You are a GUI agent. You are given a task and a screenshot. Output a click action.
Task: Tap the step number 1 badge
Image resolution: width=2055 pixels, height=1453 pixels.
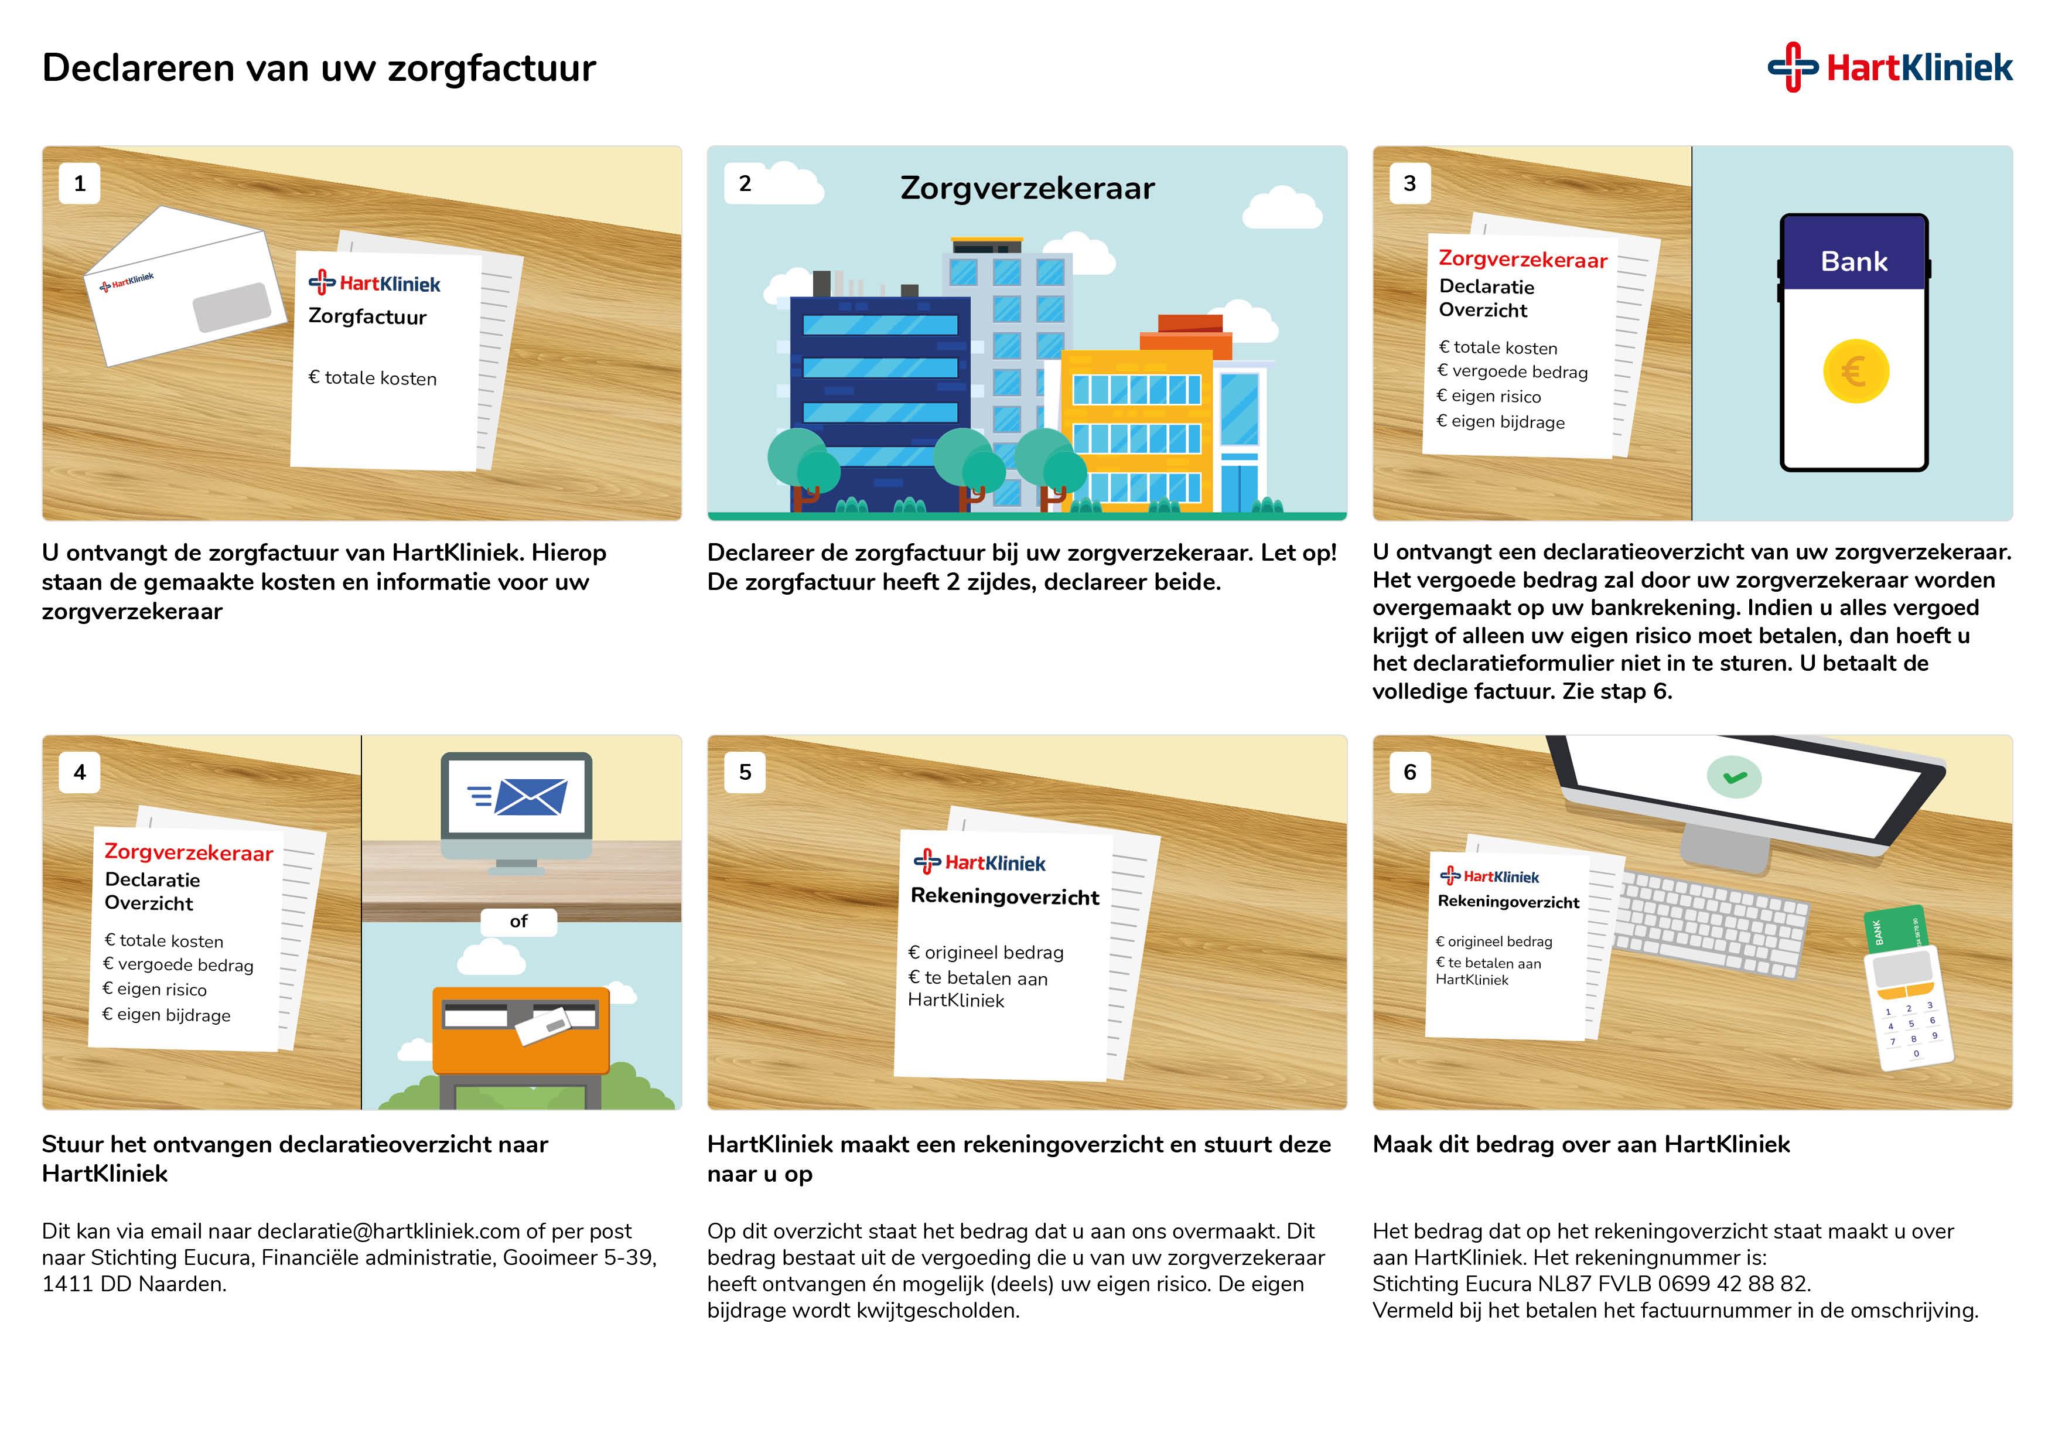(x=80, y=183)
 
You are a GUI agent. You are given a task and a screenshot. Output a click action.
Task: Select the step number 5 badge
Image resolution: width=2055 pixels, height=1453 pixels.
(x=745, y=772)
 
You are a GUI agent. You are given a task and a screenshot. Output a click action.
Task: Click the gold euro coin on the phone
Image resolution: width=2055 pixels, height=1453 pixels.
(x=1855, y=371)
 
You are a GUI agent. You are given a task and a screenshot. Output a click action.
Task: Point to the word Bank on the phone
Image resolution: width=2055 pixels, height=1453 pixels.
(x=1853, y=261)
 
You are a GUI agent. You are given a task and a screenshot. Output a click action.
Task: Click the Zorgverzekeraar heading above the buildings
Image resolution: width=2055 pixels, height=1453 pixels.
(x=1027, y=189)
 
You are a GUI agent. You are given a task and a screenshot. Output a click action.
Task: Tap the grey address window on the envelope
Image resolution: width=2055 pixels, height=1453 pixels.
(x=233, y=307)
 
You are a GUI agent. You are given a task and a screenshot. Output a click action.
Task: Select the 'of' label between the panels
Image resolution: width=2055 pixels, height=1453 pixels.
(x=518, y=921)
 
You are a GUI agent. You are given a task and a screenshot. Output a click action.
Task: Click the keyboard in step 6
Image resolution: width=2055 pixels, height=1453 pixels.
(x=1711, y=925)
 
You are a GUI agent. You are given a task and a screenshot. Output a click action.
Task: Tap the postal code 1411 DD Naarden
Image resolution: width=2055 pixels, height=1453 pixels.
(x=134, y=1284)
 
